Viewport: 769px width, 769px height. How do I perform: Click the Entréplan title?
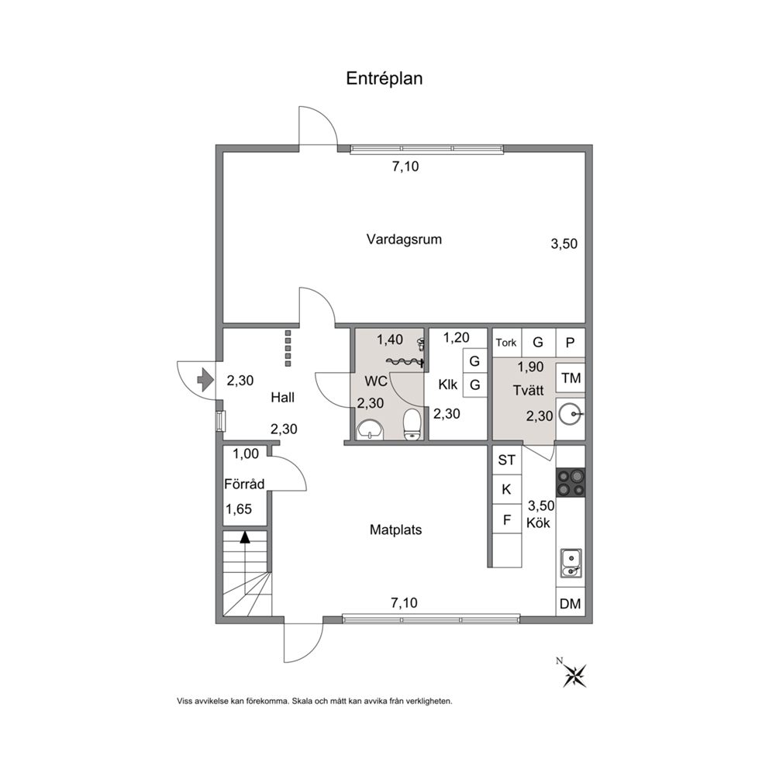click(384, 78)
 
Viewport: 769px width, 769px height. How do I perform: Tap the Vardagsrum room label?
click(404, 240)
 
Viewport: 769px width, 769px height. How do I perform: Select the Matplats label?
click(396, 529)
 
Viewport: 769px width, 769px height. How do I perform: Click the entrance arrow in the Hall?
click(205, 380)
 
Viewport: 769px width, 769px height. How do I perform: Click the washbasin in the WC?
click(371, 429)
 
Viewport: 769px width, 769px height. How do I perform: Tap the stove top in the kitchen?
click(571, 483)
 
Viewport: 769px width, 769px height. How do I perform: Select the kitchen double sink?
click(571, 564)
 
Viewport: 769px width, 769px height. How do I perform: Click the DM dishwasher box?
click(571, 604)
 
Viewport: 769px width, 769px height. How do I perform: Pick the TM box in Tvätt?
click(571, 378)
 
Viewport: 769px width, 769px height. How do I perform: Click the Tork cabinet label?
click(506, 343)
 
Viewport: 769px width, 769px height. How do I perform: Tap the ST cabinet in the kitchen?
click(507, 460)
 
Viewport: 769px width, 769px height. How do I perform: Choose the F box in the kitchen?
click(507, 519)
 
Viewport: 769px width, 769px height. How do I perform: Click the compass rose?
click(574, 675)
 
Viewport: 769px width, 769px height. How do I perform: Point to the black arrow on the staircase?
click(245, 537)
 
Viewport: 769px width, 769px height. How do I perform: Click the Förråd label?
click(244, 484)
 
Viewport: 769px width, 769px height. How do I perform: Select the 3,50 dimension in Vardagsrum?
click(564, 243)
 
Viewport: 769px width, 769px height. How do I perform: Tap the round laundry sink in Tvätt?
click(571, 415)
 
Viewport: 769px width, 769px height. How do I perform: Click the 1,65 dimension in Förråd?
click(238, 509)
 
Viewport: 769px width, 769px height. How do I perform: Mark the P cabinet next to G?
click(570, 343)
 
